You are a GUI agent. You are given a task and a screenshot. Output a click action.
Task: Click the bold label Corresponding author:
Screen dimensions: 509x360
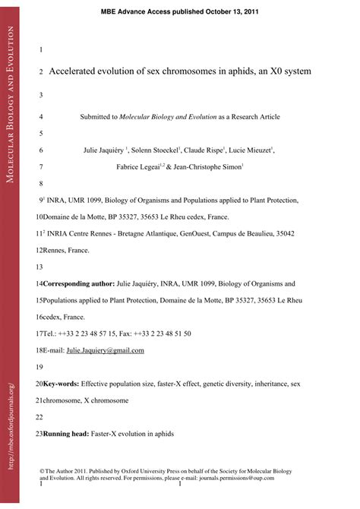coord(79,283)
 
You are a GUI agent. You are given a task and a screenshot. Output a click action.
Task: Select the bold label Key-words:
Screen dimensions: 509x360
coord(61,384)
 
